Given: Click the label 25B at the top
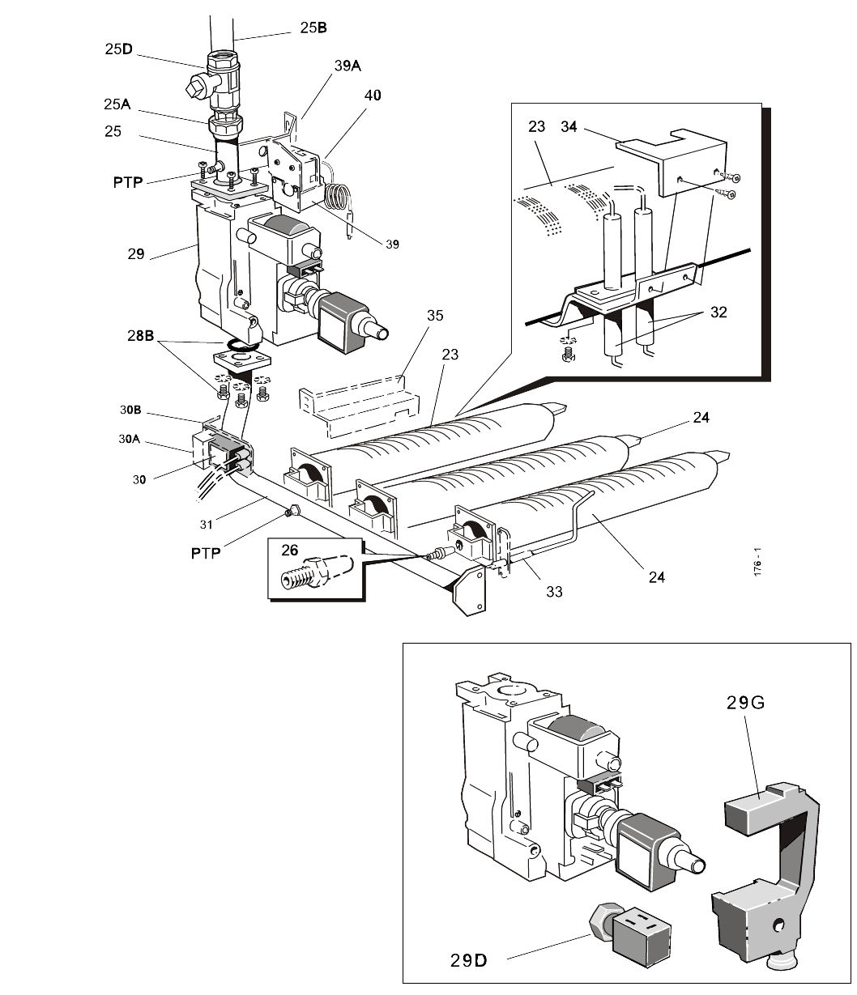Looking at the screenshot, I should click(313, 28).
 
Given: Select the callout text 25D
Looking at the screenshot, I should click(118, 49).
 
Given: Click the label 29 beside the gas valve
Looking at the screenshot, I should click(135, 253).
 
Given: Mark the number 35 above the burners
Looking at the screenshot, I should click(435, 315).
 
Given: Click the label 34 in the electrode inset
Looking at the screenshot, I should click(569, 126).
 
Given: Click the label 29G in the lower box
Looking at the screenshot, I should click(743, 703).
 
